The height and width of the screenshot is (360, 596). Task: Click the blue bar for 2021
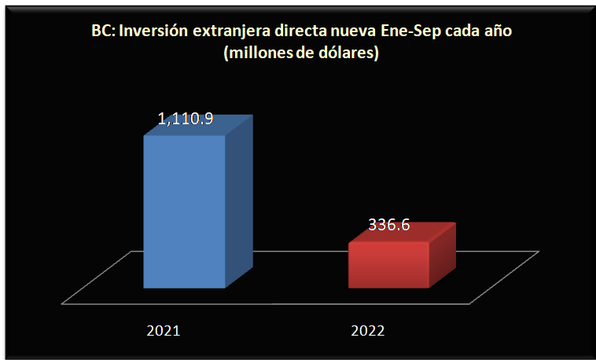coord(184,212)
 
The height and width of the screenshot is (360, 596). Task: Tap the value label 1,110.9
coord(186,120)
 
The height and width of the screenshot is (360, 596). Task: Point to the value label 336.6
coord(388,225)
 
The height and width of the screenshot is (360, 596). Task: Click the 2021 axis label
coord(164,330)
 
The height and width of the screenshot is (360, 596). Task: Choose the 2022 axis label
coord(367,330)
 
